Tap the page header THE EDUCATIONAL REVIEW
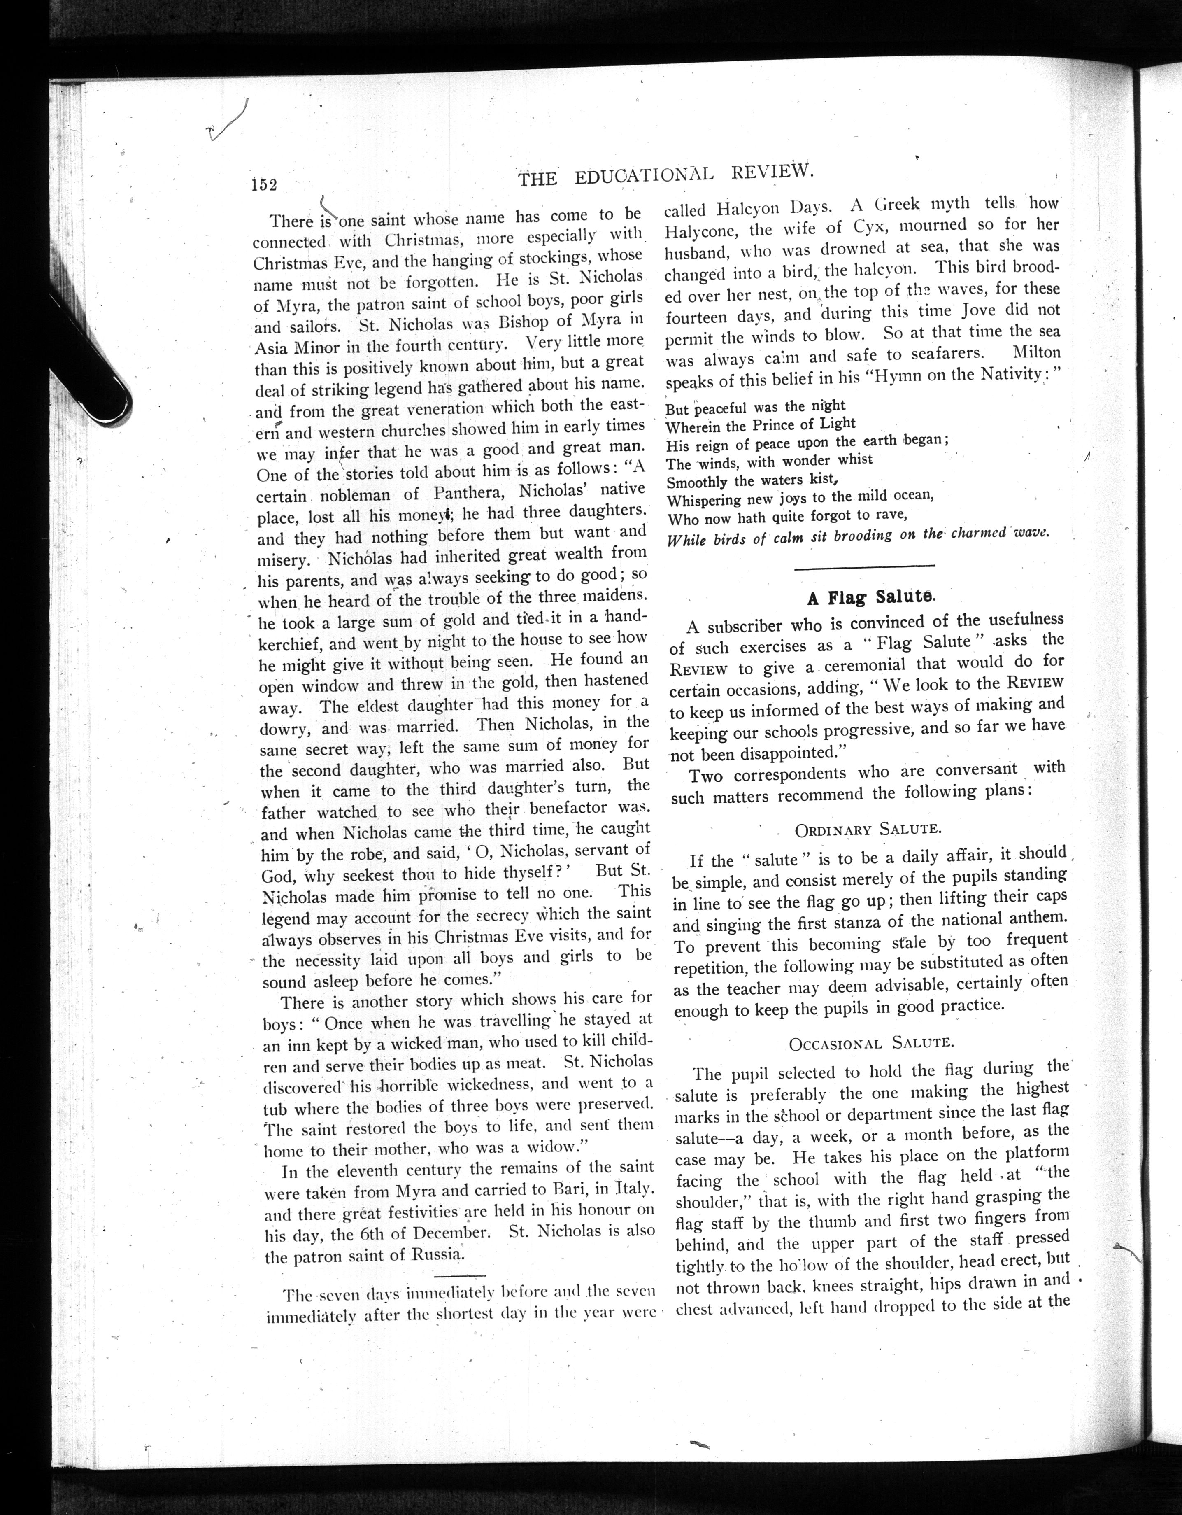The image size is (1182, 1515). pos(665,175)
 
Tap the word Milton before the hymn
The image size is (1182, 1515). pos(1037,352)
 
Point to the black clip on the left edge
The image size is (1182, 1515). pos(90,347)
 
